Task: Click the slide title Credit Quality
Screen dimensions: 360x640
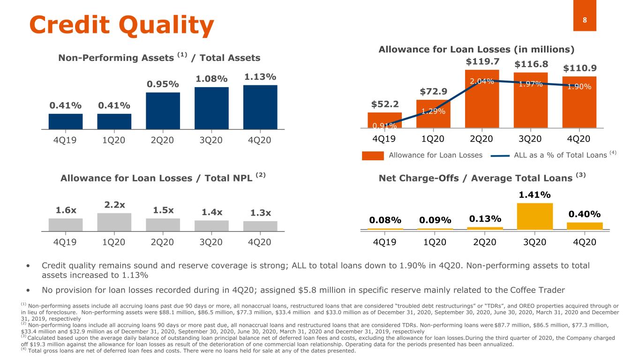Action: click(121, 25)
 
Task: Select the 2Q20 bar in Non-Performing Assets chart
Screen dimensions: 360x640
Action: click(163, 111)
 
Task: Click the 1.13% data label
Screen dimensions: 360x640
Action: click(260, 77)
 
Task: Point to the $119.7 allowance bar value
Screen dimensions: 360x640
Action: click(482, 62)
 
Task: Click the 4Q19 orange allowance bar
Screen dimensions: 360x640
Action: click(384, 120)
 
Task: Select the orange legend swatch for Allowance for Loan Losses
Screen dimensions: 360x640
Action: click(373, 155)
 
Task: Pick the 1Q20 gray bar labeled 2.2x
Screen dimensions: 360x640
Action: click(114, 222)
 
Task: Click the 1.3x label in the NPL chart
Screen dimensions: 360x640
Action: click(260, 213)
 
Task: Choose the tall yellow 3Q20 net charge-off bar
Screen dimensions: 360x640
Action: click(535, 216)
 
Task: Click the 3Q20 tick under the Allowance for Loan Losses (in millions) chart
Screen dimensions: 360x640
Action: click(530, 139)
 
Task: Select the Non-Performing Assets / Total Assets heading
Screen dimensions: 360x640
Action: click(159, 58)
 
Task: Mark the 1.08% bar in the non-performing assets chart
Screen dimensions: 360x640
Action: click(211, 108)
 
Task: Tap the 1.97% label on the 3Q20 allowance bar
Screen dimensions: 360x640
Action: click(531, 84)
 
